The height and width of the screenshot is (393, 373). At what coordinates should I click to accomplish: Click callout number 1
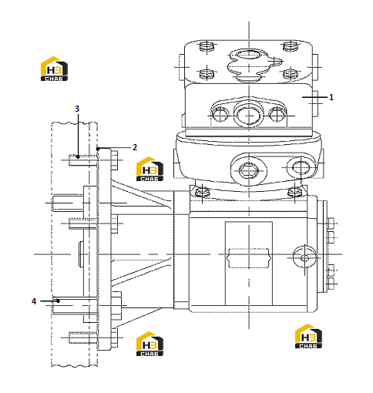point(331,97)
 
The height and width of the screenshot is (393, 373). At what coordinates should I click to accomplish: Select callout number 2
point(135,147)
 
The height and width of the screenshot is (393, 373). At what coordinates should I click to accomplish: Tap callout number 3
point(77,109)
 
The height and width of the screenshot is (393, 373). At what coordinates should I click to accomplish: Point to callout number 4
point(34,301)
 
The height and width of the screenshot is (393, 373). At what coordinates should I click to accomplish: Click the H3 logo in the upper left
point(54,69)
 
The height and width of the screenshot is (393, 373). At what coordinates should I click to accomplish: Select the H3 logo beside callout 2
point(150,169)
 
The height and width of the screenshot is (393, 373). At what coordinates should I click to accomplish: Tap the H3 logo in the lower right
point(308,336)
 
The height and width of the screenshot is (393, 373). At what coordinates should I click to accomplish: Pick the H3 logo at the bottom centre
point(150,344)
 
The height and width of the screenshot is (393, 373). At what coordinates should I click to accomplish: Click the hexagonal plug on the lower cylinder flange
point(249,170)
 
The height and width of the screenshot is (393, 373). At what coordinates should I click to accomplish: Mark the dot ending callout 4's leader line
point(59,301)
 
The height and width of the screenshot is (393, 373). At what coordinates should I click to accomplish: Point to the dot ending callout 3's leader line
point(78,156)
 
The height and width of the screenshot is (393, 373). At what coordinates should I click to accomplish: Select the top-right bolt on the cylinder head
point(291,46)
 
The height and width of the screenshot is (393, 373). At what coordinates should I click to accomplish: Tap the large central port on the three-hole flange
point(249,115)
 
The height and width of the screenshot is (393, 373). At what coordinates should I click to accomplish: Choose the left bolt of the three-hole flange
point(220,114)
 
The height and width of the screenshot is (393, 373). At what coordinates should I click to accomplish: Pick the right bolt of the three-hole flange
point(277,114)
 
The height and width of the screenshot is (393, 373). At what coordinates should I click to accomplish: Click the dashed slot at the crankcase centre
point(249,258)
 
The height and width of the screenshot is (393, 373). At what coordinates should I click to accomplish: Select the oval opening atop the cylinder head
point(249,55)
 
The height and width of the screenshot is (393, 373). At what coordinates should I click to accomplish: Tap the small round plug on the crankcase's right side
point(304,257)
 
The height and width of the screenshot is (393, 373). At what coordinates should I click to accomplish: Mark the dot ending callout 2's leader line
point(98,149)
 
